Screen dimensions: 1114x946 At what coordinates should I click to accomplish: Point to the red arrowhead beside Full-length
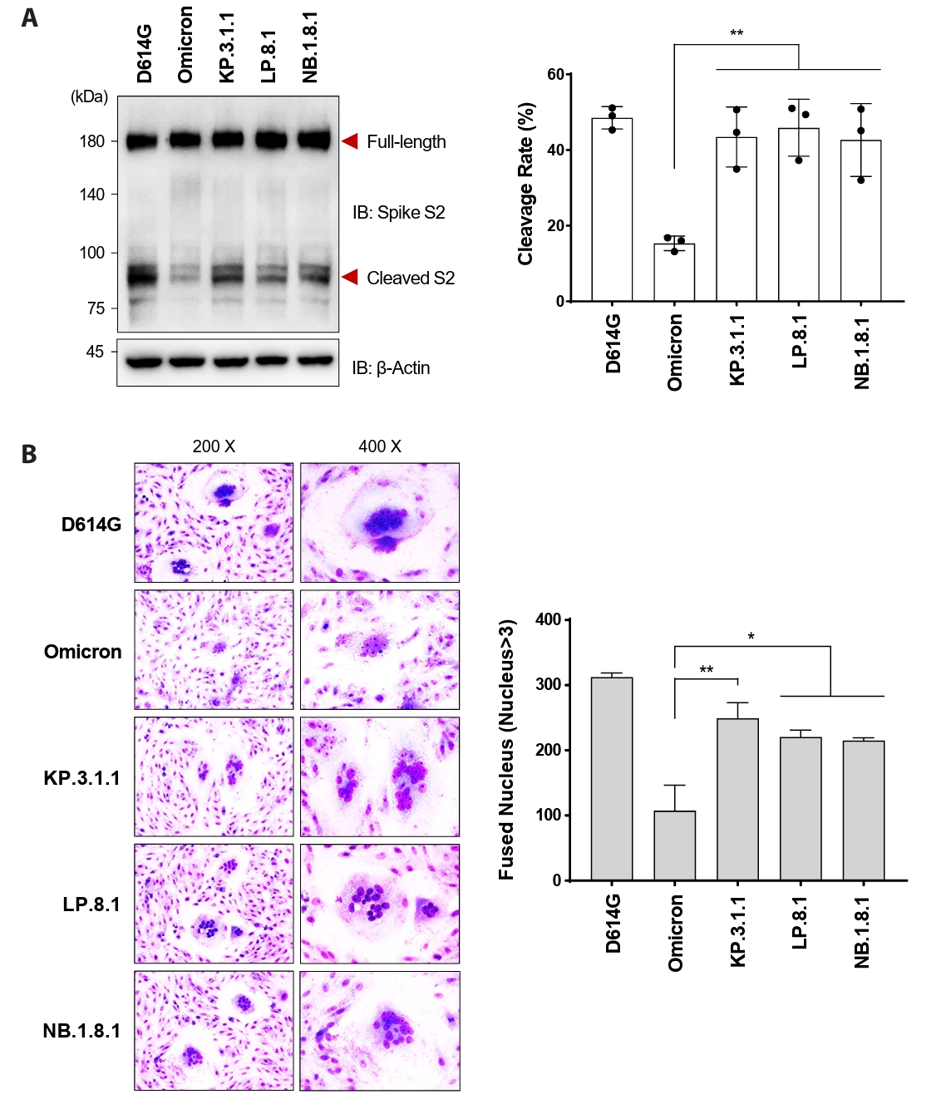click(x=350, y=141)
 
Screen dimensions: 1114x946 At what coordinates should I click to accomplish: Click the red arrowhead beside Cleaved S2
click(x=350, y=277)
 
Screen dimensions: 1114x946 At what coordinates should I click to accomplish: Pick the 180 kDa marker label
click(x=92, y=141)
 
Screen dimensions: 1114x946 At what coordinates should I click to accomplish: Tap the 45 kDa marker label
click(x=95, y=352)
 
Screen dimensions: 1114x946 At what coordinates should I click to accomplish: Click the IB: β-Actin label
click(x=391, y=367)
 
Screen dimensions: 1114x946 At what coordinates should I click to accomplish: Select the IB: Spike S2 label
click(x=398, y=213)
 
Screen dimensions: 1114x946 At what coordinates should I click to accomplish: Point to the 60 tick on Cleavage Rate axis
click(x=555, y=75)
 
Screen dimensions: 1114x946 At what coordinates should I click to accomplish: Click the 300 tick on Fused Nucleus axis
click(x=548, y=685)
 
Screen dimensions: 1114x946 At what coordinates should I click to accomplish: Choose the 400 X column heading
click(x=380, y=446)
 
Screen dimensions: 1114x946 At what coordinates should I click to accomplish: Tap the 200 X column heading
click(x=214, y=446)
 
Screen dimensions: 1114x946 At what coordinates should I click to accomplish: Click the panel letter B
click(x=29, y=454)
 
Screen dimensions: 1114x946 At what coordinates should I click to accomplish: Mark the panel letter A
click(x=30, y=17)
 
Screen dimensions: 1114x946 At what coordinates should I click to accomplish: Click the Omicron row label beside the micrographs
click(x=82, y=652)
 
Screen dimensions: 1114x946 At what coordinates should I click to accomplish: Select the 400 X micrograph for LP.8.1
click(x=380, y=904)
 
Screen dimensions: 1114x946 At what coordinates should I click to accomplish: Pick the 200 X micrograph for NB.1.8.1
click(x=214, y=1031)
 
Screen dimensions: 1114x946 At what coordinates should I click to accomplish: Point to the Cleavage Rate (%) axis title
click(x=525, y=185)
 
